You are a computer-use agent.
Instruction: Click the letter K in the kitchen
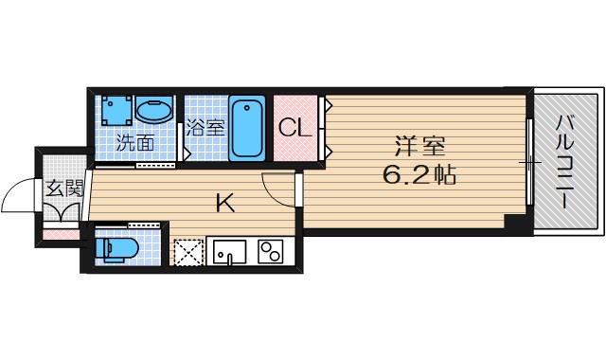(224, 202)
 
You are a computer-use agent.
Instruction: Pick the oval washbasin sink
(154, 110)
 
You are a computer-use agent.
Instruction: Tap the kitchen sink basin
(229, 253)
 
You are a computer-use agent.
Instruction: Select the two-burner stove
(272, 253)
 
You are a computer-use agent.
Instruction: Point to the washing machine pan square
(116, 111)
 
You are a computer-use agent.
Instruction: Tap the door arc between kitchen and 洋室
(277, 189)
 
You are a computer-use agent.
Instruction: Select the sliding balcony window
(529, 161)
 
